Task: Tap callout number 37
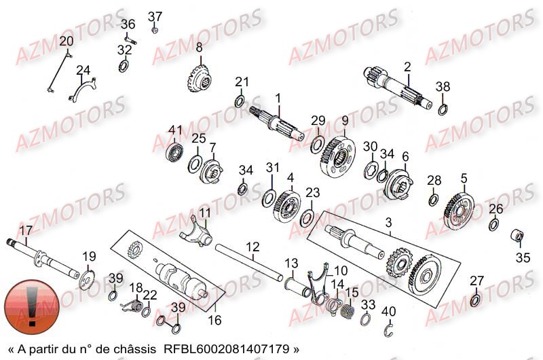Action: click(x=155, y=16)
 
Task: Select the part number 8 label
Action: click(x=200, y=48)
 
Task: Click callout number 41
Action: click(x=176, y=130)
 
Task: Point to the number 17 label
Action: click(x=26, y=230)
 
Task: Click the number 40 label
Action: click(x=388, y=311)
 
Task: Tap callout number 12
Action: click(x=252, y=247)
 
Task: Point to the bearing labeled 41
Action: click(x=176, y=150)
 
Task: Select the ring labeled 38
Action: click(x=443, y=109)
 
